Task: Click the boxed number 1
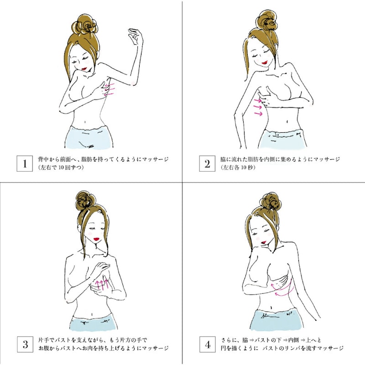click(x=25, y=164)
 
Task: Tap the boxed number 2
click(x=207, y=164)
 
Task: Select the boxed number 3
click(x=25, y=344)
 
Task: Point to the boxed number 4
click(x=208, y=344)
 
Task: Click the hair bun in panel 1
click(x=84, y=25)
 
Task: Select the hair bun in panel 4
click(x=272, y=202)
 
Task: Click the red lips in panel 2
click(x=265, y=63)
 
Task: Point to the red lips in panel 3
click(x=96, y=239)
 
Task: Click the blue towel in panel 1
click(x=89, y=137)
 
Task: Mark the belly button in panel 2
click(x=287, y=121)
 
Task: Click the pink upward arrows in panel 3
click(x=102, y=283)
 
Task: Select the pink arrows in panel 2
click(x=258, y=107)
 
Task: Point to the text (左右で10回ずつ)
click(x=61, y=167)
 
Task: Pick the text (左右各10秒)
click(x=238, y=167)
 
